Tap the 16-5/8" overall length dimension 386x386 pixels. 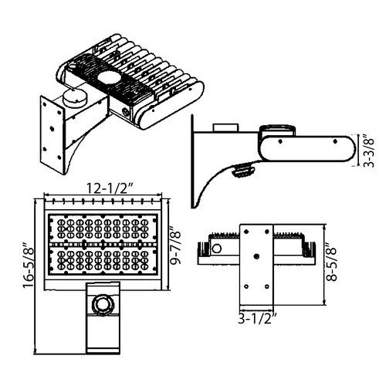coord(29,265)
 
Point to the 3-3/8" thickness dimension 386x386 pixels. coord(368,153)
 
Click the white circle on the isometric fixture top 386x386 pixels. coord(108,78)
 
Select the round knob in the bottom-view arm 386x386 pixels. coord(103,303)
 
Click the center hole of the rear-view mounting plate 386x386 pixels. coord(256,256)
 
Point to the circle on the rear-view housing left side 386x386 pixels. coord(217,249)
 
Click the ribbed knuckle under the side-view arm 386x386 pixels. coord(243,170)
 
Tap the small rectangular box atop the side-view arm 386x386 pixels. coord(225,128)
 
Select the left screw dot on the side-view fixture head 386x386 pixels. coord(280,141)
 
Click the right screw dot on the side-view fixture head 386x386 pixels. coord(335,141)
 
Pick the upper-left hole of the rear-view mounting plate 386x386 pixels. coord(247,232)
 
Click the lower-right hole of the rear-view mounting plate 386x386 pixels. coord(267,286)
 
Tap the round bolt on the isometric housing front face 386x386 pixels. coord(127,112)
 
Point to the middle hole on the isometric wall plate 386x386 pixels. coord(51,128)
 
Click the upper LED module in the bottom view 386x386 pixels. coord(103,228)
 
